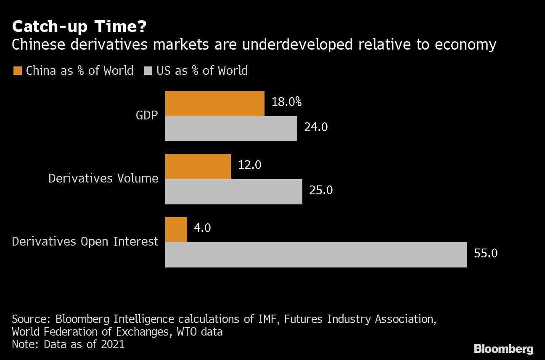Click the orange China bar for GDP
214,103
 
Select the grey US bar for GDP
231,129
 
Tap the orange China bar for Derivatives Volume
198,167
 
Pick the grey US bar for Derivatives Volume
233,192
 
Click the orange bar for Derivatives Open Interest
176,230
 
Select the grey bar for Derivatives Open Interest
316,255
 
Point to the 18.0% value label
287,102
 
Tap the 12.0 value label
249,165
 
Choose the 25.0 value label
321,190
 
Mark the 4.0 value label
203,228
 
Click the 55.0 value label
486,253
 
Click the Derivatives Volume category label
103,178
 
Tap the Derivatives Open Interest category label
85,241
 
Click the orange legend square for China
17,70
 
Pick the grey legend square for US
148,70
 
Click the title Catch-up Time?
79,27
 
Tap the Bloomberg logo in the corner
503,349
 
